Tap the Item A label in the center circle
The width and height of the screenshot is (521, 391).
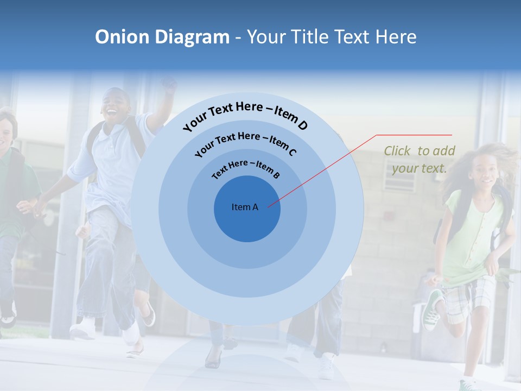point(245,207)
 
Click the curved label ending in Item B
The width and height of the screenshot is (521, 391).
point(246,168)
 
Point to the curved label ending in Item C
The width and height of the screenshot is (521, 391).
point(245,142)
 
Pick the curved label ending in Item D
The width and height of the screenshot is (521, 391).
point(245,115)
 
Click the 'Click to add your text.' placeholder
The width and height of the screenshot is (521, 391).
point(420,160)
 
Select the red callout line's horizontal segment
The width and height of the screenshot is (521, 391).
point(414,135)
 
